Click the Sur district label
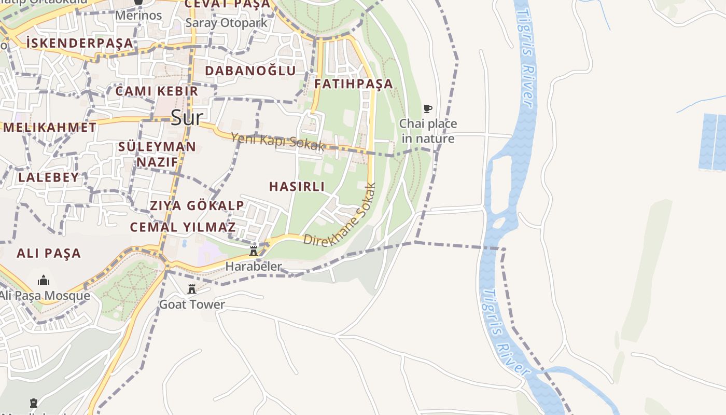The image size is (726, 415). click(186, 118)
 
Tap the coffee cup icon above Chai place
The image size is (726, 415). click(428, 108)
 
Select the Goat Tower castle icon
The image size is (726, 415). click(192, 289)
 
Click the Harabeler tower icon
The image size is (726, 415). click(254, 251)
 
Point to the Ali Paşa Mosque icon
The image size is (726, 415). click(44, 281)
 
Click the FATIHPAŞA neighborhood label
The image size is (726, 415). click(354, 84)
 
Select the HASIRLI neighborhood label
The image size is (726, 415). click(297, 186)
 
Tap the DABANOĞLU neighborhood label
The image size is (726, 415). click(250, 71)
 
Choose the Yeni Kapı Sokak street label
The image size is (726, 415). click(277, 142)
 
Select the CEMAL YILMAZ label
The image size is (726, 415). click(183, 227)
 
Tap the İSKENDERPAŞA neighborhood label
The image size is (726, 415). click(79, 43)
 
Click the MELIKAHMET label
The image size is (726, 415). click(50, 127)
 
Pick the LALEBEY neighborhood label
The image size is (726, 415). click(49, 177)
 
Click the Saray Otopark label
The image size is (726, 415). click(226, 23)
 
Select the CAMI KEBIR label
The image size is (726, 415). click(157, 91)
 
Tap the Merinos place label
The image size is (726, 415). click(138, 15)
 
